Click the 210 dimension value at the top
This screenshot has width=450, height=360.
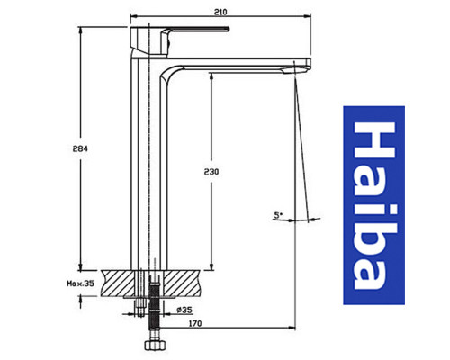[220, 10]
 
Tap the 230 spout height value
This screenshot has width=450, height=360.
[211, 169]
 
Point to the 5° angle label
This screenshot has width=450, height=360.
[277, 214]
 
